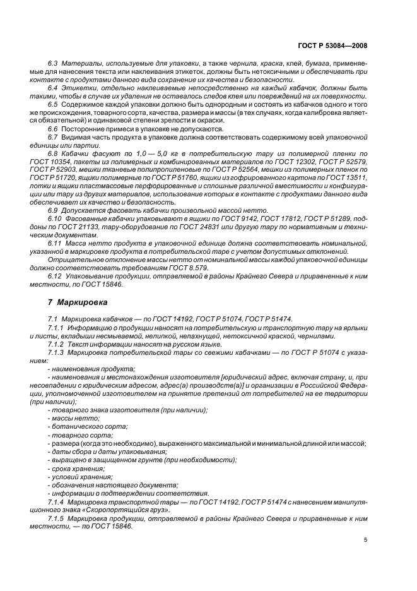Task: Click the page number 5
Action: click(367, 540)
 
